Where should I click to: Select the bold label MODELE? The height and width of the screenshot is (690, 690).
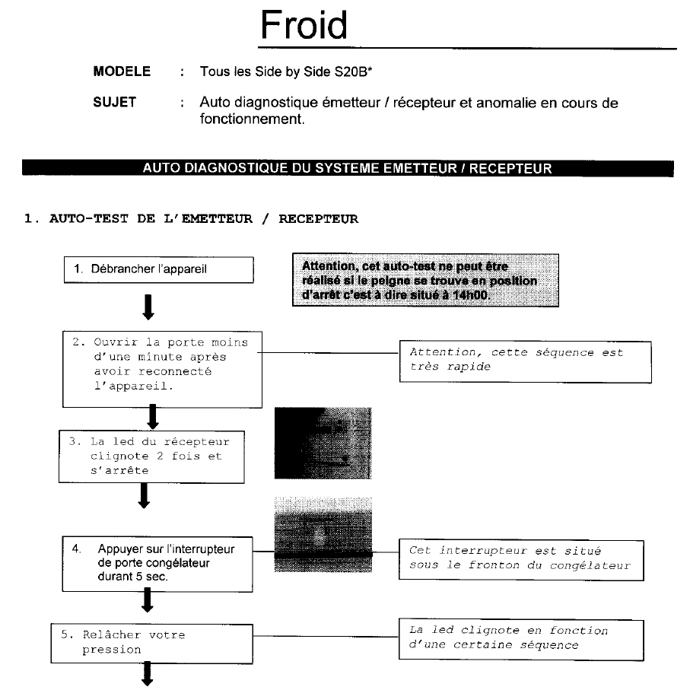click(122, 72)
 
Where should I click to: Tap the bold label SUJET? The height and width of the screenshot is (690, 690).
click(114, 102)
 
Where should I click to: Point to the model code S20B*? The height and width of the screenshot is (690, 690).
click(353, 72)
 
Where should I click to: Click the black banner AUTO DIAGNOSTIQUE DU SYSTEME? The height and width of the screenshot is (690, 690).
click(348, 168)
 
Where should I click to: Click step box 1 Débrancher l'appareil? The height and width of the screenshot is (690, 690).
click(159, 270)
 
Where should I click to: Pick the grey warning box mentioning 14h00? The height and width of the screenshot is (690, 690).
click(425, 280)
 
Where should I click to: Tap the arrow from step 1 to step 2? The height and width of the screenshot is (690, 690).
click(148, 307)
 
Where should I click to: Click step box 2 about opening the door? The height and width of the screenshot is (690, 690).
click(162, 369)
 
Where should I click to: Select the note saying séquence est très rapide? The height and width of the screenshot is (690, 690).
click(526, 361)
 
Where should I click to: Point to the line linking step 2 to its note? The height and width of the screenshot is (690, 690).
click(329, 352)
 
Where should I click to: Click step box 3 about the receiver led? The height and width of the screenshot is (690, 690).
click(152, 456)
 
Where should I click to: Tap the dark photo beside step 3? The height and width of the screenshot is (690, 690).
click(323, 443)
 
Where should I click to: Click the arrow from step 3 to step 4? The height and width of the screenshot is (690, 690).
click(144, 495)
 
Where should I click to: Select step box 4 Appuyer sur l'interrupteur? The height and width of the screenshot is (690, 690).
click(157, 564)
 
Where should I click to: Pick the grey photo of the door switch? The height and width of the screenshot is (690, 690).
click(323, 535)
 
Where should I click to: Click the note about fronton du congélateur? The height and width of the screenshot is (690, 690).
click(521, 560)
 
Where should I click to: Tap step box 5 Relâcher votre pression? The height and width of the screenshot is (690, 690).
click(152, 644)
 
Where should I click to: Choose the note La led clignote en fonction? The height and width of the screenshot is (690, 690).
click(521, 640)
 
